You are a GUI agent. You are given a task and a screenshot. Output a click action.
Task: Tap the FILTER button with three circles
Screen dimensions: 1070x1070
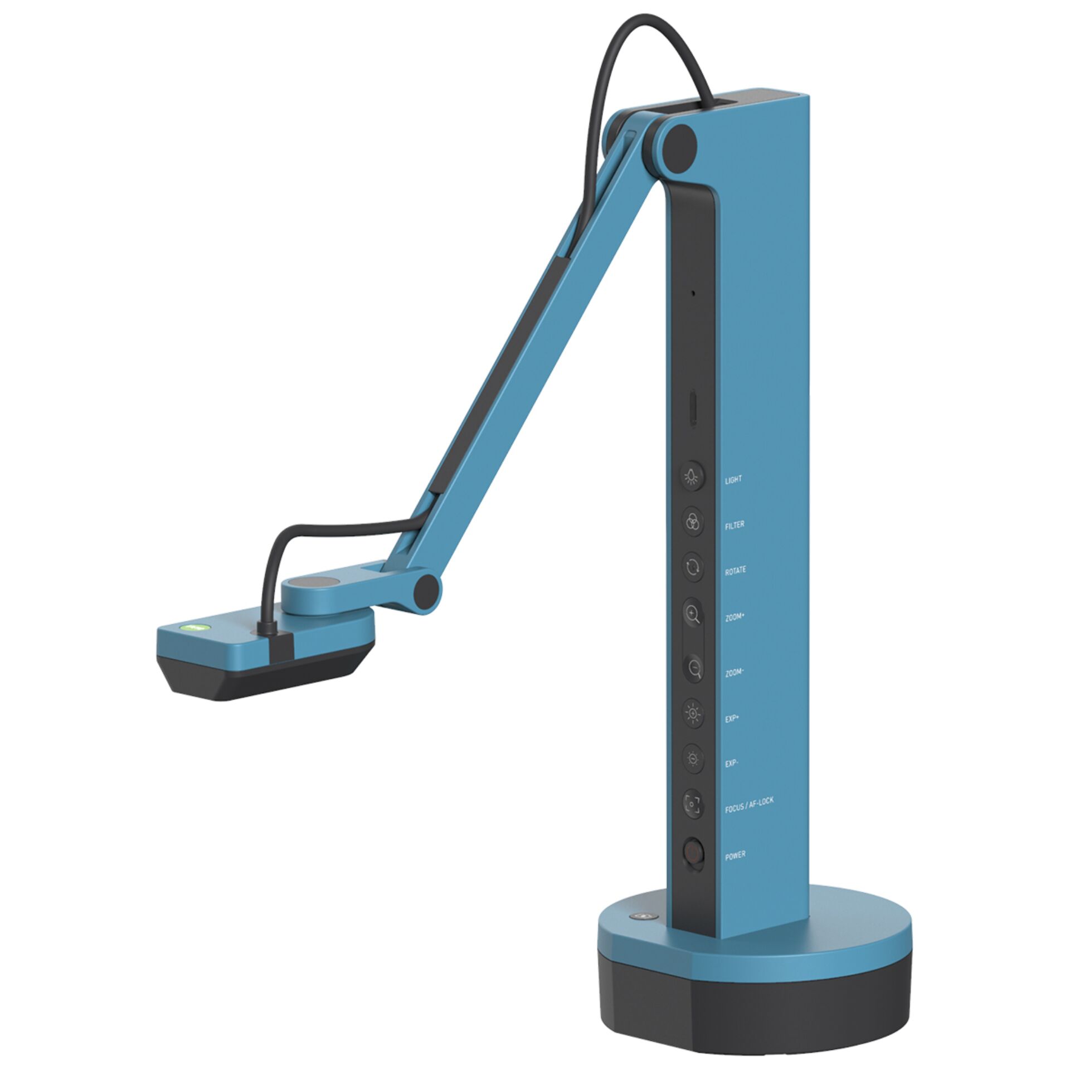(x=692, y=522)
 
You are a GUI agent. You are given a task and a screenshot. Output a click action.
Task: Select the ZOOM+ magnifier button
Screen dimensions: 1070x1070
(x=693, y=614)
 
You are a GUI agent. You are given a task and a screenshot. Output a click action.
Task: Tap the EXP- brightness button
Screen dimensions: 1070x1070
(x=693, y=758)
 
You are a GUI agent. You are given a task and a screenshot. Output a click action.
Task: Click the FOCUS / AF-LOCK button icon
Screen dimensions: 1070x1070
(x=693, y=804)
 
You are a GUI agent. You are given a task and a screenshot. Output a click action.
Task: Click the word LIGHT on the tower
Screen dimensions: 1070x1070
(x=733, y=480)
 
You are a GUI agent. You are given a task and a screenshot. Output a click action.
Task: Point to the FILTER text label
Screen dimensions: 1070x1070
(x=735, y=525)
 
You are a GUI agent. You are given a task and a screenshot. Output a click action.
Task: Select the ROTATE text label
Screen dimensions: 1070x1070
(x=735, y=571)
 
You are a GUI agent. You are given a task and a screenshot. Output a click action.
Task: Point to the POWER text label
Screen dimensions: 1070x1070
(x=735, y=855)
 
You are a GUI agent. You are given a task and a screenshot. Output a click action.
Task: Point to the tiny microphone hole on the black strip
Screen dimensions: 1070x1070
(x=693, y=292)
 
